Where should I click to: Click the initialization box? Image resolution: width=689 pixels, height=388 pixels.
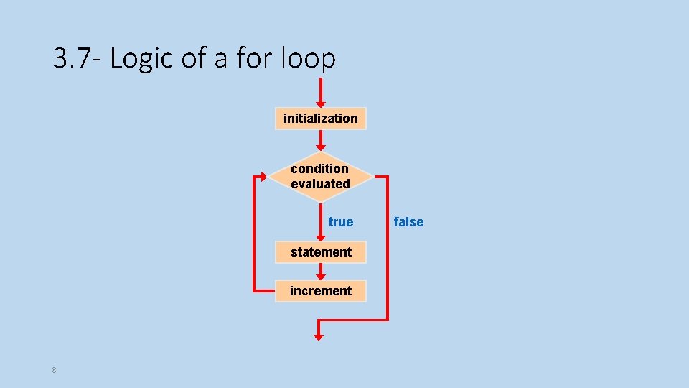[320, 119]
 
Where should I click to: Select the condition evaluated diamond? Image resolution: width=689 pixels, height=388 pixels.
[320, 177]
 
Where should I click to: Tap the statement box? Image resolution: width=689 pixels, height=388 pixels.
[321, 252]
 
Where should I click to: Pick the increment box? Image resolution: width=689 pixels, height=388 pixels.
[321, 291]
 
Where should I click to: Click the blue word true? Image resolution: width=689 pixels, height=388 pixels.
[341, 222]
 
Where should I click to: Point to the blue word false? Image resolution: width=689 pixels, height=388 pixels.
[408, 222]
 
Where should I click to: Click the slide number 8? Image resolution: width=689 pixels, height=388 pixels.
[55, 370]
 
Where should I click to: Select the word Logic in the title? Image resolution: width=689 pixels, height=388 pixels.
[142, 58]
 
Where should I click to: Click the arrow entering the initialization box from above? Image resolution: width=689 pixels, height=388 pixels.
[320, 93]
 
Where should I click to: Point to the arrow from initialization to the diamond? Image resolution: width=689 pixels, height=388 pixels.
[320, 141]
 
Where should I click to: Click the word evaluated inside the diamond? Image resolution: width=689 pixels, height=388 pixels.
[320, 184]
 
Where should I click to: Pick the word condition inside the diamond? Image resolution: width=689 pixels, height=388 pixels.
[320, 169]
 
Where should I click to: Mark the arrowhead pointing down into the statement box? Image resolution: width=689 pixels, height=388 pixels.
[320, 237]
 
